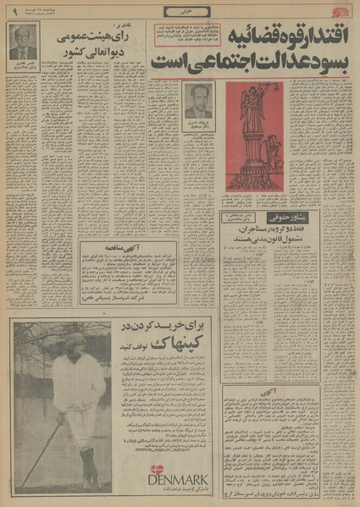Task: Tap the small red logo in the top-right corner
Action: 347,9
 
